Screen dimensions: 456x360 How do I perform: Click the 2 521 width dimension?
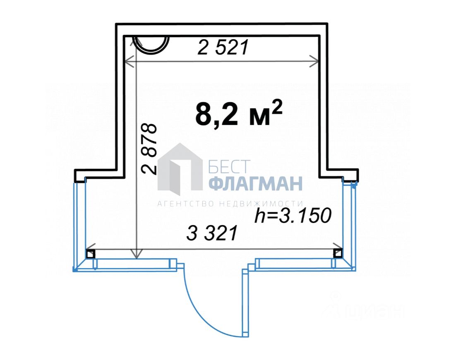click(x=223, y=47)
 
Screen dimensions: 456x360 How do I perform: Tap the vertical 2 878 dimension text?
click(x=149, y=149)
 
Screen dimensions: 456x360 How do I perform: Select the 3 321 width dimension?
click(x=212, y=233)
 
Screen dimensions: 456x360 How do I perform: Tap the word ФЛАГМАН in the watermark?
click(x=256, y=183)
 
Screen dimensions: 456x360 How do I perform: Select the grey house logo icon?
click(x=180, y=169)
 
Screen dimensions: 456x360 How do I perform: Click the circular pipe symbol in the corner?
click(x=151, y=45)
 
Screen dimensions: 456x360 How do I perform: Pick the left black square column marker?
click(x=91, y=254)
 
